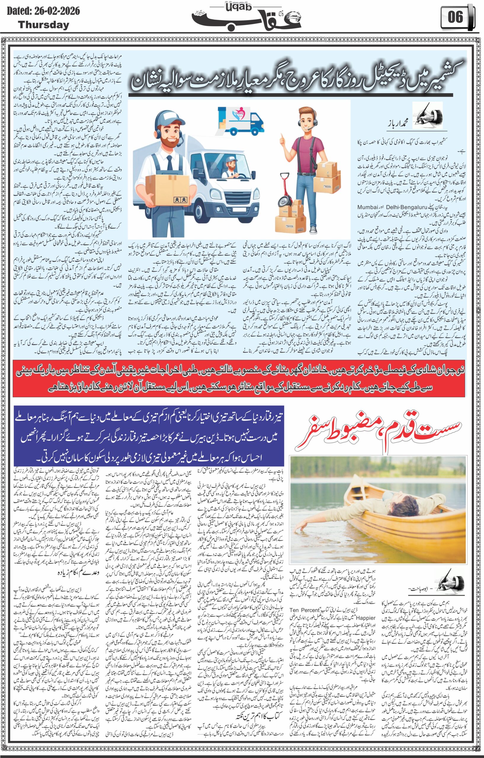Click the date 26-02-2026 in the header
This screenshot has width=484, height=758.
click(x=55, y=12)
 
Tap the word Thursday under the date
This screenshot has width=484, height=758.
click(x=44, y=25)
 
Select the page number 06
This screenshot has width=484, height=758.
click(x=456, y=17)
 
